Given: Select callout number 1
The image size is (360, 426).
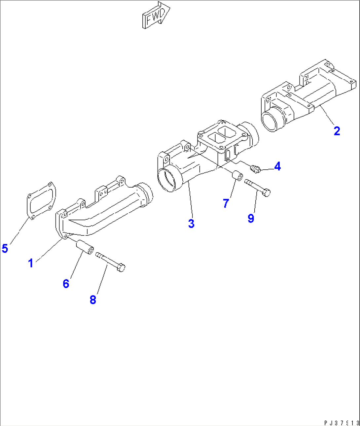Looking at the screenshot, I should tap(31, 263).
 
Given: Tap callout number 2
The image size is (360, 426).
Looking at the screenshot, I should tap(337, 131).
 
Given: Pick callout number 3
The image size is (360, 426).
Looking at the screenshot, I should tap(191, 223).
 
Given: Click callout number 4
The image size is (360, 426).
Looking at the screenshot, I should tap(277, 166).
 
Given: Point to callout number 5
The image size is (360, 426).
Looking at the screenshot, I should tap(5, 248).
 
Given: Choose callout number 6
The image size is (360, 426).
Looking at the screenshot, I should tap(66, 283).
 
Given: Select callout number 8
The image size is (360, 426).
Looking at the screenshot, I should tap(93, 300).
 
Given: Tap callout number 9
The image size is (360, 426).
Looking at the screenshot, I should tap(251, 218).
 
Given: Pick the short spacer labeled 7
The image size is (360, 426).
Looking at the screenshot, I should tap(237, 176).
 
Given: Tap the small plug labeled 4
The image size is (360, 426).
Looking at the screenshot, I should tap(255, 169).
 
